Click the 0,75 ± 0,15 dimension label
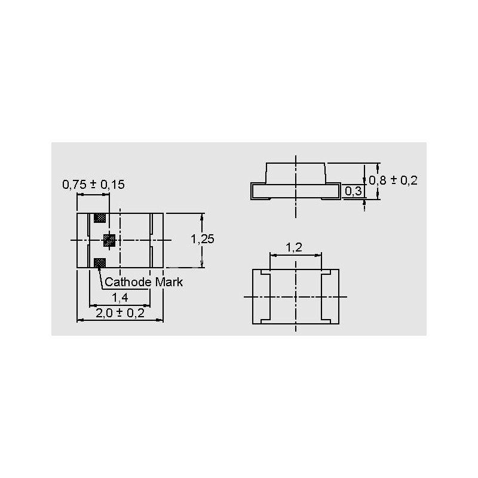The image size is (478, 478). click(x=93, y=185)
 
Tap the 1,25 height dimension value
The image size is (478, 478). click(x=203, y=239)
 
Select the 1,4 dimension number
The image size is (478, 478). click(x=120, y=298)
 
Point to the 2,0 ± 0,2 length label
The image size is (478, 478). click(x=120, y=313)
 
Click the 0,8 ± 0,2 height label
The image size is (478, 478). click(x=393, y=180)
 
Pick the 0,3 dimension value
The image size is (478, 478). click(x=353, y=191)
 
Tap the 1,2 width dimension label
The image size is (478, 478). click(x=294, y=247)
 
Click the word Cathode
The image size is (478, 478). click(x=128, y=282)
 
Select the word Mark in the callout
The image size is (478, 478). click(x=169, y=282)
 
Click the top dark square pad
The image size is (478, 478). click(x=100, y=218)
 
